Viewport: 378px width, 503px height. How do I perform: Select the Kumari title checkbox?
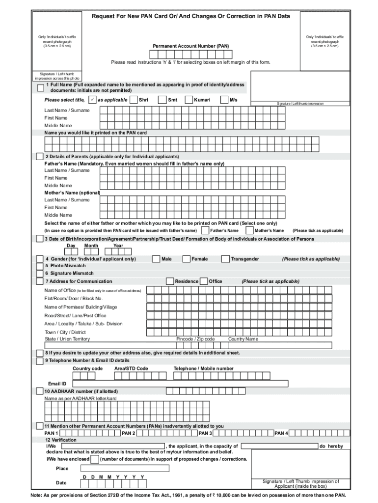tap(189, 100)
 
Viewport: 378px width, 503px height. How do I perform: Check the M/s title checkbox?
tap(225, 100)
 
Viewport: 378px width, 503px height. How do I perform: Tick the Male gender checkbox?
tap(156, 259)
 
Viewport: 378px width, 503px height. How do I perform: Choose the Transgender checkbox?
tap(225, 259)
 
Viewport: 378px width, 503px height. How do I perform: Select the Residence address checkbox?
tap(170, 281)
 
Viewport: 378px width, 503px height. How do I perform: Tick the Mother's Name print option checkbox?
tap(250, 230)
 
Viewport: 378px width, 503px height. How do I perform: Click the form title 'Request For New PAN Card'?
tap(191, 16)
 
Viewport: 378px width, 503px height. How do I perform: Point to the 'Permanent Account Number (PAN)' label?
tap(190, 46)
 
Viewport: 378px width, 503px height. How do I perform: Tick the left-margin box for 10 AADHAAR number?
tap(40, 391)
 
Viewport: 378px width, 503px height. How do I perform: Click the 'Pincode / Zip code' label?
tap(195, 339)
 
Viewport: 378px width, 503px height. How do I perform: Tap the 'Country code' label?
tap(87, 368)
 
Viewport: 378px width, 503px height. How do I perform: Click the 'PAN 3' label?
tap(205, 433)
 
